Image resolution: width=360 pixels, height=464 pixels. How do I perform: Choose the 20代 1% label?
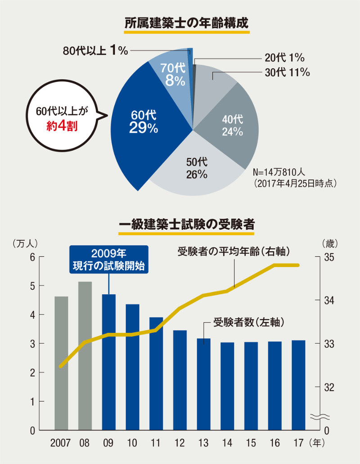[x=285, y=58]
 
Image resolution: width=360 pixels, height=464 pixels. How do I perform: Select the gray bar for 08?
[x=85, y=356]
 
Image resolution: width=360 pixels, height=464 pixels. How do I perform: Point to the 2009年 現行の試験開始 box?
[x=108, y=259]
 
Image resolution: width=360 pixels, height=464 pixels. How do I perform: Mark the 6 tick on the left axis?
[x=32, y=257]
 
